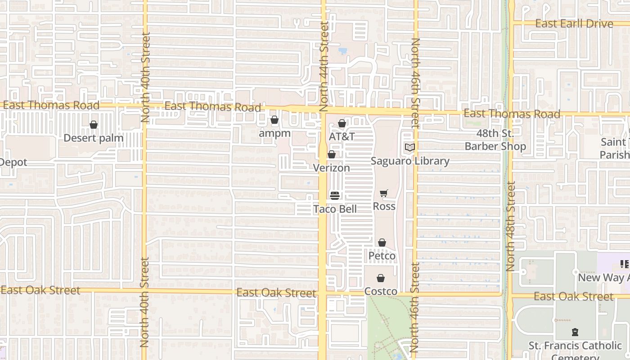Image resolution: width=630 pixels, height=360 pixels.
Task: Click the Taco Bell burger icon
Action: [x=335, y=196]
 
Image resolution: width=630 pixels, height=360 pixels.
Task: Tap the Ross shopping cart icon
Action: [x=384, y=193]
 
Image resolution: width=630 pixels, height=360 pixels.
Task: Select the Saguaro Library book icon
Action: [x=409, y=148]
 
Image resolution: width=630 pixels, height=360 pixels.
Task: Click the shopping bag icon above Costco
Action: [x=381, y=278]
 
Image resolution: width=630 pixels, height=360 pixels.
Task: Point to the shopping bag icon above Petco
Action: [x=382, y=243]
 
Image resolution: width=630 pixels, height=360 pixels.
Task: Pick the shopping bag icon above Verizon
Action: [x=332, y=155]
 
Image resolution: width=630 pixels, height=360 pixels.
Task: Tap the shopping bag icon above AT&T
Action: [x=342, y=123]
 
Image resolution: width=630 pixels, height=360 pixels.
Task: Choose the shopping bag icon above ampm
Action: [x=274, y=120]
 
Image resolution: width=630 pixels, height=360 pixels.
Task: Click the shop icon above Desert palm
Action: [x=94, y=125]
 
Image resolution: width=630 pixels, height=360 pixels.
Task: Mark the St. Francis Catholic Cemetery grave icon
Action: [x=575, y=333]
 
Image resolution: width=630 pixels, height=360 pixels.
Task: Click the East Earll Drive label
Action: [x=574, y=23]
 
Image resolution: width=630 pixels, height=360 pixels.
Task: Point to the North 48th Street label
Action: [x=510, y=226]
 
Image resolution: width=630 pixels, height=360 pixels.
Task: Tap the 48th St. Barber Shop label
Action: [x=495, y=140]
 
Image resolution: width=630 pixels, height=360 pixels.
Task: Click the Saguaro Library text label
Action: [x=410, y=161]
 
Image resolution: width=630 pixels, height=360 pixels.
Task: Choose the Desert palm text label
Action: [x=94, y=138]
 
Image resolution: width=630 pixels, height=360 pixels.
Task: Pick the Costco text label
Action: [x=381, y=291]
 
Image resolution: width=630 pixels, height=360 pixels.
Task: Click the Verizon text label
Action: [x=332, y=168]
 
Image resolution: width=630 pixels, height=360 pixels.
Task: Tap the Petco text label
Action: [x=382, y=256]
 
